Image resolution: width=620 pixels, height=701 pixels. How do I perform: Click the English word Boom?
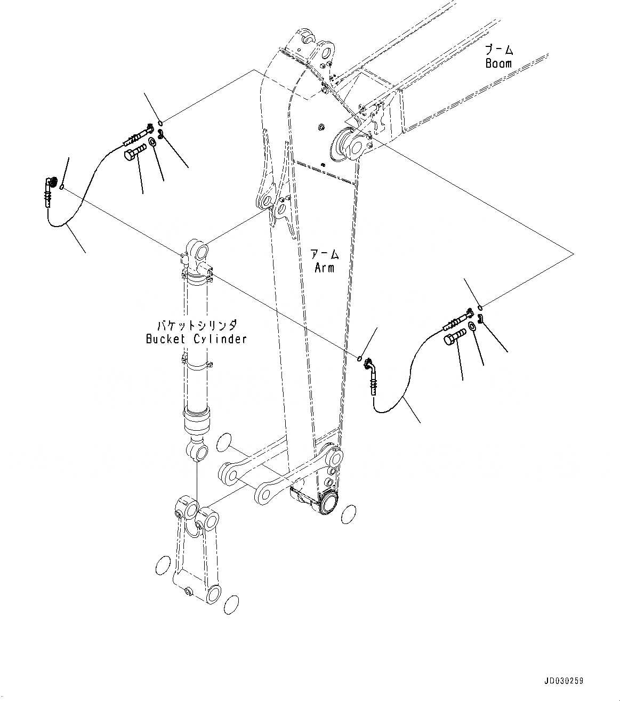click(x=498, y=63)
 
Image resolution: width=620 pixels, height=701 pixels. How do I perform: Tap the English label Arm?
click(x=324, y=268)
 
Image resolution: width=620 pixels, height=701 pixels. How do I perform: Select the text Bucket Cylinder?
click(x=196, y=339)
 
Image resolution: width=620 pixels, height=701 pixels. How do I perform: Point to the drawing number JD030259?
click(x=564, y=681)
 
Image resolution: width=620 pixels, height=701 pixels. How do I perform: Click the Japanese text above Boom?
click(x=499, y=50)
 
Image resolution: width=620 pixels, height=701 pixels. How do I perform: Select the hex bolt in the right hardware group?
click(x=454, y=336)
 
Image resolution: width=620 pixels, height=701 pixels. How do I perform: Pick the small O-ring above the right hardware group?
click(x=480, y=307)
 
